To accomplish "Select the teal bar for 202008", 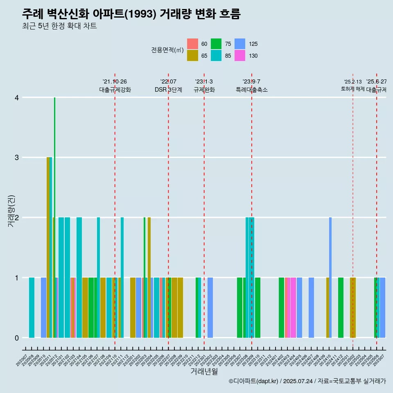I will coord(32,307).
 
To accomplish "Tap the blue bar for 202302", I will coord(210,307).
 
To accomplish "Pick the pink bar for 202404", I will coord(293,307).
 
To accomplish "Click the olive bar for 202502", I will coord(353,307).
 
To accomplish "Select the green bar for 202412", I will coord(341,307).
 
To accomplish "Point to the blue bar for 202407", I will coord(311,307).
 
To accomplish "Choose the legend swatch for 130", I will coord(240,56).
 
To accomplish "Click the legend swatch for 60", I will coord(192,44).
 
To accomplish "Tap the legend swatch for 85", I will coord(216,56).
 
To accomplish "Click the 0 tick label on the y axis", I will coord(16,338).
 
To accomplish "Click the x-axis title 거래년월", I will coord(204,371).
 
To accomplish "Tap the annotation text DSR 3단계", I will coord(168,90).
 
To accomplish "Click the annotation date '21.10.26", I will coord(115,82).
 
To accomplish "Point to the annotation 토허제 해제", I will coord(352,89).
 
